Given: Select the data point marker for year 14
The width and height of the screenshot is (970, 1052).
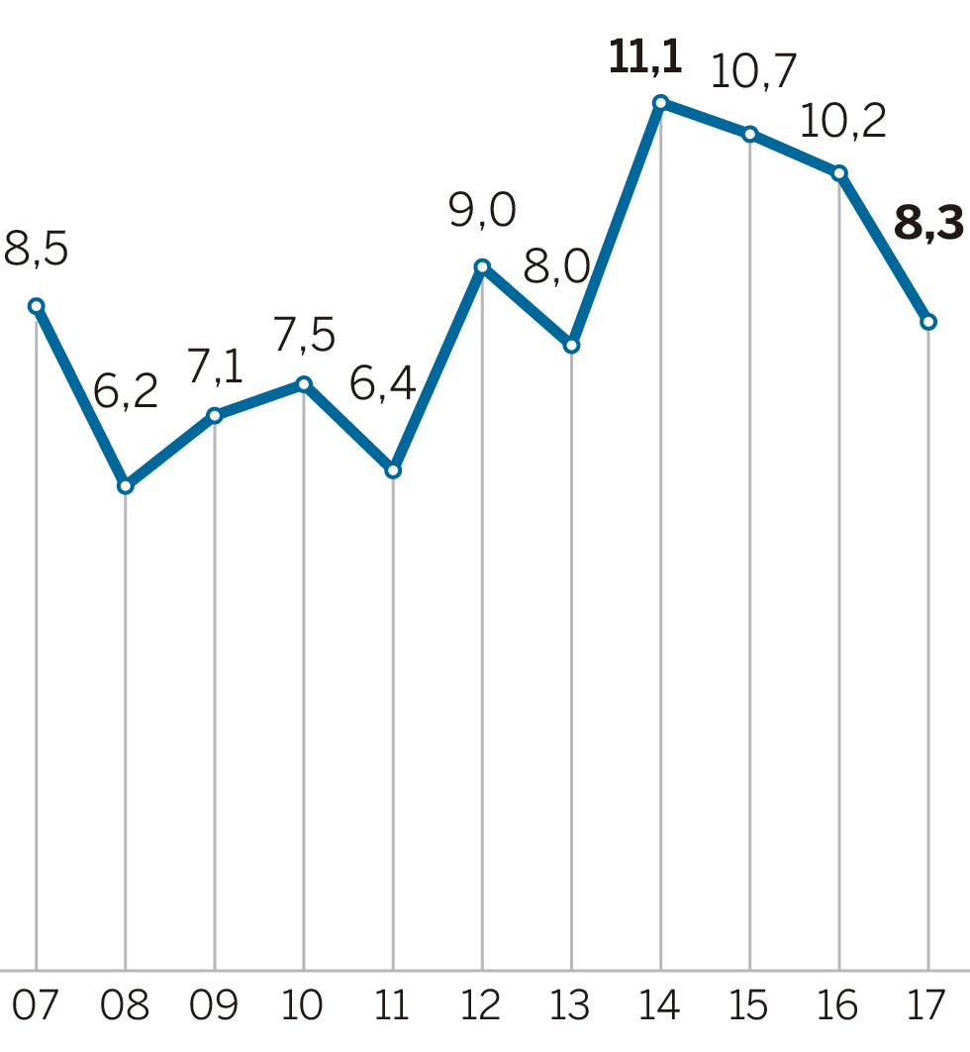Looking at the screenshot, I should [x=660, y=102].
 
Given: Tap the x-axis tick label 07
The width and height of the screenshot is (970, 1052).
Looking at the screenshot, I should [x=36, y=1006].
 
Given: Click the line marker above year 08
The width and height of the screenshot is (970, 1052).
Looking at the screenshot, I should [x=126, y=486].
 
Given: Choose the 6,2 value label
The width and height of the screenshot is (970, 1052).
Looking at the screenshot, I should [x=126, y=393].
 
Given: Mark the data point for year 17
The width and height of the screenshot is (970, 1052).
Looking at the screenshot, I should [x=928, y=322].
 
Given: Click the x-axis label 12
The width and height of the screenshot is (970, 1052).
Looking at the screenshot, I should [x=482, y=1006].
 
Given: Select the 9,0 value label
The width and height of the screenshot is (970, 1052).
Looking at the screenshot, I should [x=482, y=211].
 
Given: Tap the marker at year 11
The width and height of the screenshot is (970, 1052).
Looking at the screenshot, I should [x=393, y=471].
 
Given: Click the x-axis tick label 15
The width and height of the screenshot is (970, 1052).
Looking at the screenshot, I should [x=749, y=1006].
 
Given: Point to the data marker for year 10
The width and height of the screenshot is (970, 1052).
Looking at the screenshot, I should [x=304, y=383].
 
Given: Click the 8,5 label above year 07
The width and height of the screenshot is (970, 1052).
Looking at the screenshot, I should [x=36, y=250].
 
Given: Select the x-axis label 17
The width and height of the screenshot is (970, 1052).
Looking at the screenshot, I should [x=928, y=1006].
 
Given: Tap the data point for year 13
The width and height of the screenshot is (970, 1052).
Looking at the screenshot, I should [x=571, y=346].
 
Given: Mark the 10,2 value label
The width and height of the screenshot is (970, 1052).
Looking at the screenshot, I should [x=842, y=121].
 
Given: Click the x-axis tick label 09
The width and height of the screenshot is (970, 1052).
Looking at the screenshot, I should [x=215, y=1006].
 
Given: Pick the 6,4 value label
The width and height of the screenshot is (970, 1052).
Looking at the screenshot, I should [x=383, y=383].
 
